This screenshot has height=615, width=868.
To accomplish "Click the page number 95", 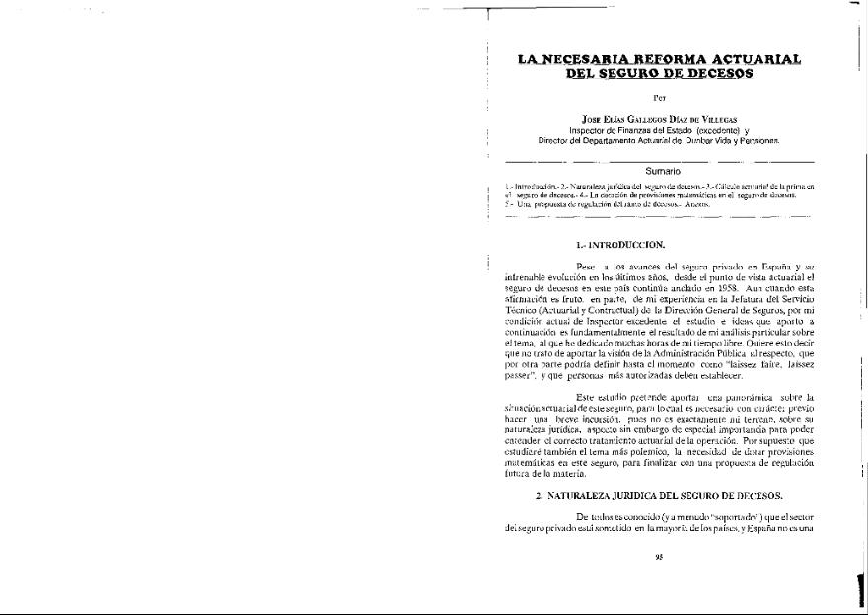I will [x=659, y=555].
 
